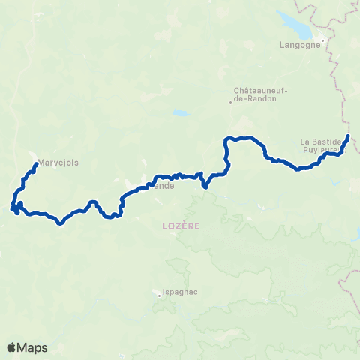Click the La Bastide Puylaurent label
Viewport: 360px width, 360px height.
click(320, 145)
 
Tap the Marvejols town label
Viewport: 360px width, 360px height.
click(58, 162)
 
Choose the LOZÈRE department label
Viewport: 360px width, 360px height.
click(180, 225)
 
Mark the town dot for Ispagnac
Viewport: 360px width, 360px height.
click(159, 294)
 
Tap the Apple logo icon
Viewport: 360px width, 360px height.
click(12, 347)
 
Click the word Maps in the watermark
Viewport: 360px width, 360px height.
click(33, 347)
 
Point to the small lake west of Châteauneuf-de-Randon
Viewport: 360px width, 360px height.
click(180, 114)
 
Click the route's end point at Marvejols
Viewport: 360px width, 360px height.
click(37, 165)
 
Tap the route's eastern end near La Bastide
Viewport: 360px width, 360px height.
click(349, 136)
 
